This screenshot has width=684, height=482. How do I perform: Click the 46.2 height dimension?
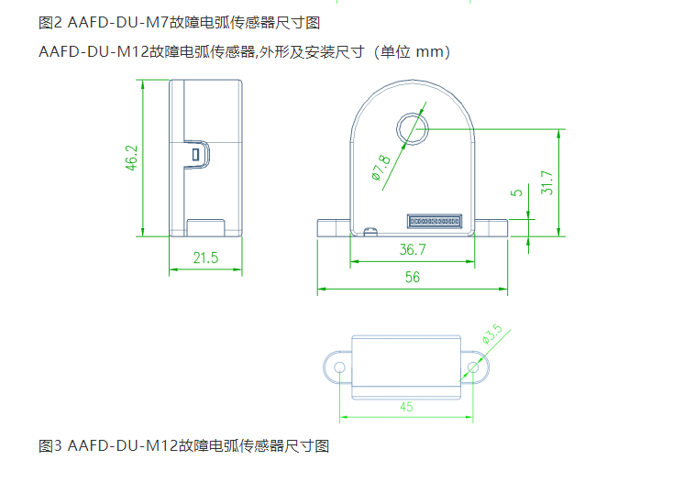(131, 159)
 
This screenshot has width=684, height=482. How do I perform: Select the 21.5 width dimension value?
(205, 258)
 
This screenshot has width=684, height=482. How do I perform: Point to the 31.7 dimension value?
(547, 183)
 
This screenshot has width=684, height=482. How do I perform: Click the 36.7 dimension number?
(413, 249)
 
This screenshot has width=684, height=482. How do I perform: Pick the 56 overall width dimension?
(412, 278)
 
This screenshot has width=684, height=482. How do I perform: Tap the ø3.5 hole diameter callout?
(492, 335)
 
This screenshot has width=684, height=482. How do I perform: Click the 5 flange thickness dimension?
(517, 192)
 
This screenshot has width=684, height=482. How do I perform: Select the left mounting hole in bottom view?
(340, 367)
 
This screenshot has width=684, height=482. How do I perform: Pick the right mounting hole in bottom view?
(472, 367)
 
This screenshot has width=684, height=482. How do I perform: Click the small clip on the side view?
(194, 153)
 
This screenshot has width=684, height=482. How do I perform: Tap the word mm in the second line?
(428, 52)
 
